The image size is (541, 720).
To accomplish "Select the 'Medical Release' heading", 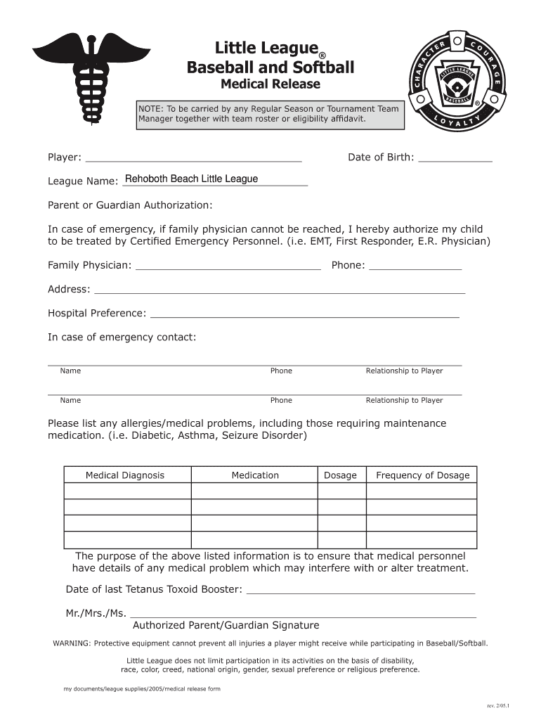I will [270, 84].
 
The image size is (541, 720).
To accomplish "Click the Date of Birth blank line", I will [455, 157].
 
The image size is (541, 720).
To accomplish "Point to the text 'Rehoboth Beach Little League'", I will [191, 179].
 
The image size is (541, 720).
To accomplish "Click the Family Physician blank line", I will [228, 266].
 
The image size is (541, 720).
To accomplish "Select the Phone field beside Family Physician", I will [415, 266].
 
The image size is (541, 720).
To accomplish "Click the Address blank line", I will [279, 289].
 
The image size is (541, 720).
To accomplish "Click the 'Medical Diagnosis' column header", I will [125, 475].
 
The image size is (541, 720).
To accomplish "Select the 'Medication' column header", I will [255, 475].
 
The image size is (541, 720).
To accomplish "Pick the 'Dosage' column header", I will [340, 475].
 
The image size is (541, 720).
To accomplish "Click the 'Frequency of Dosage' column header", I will [422, 475].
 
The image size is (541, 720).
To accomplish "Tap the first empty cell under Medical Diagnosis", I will [127, 491].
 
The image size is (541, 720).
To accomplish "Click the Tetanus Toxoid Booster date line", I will [361, 589].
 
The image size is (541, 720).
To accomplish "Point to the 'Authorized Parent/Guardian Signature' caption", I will [226, 625].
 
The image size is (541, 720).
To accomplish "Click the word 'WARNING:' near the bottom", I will [72, 643].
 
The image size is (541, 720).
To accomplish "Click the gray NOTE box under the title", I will [270, 115].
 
